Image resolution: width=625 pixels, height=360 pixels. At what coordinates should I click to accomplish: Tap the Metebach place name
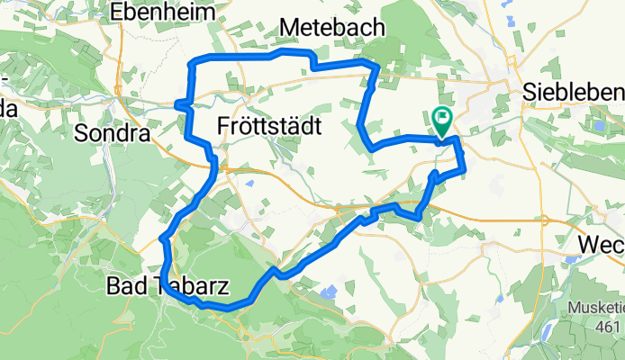[332, 29]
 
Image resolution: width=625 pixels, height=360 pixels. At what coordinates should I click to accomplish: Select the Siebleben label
[574, 93]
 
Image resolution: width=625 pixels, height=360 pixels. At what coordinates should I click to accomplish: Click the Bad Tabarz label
[168, 287]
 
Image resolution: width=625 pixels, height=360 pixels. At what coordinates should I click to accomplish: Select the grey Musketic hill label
[595, 308]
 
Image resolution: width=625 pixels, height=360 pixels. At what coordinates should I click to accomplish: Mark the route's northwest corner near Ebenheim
[190, 64]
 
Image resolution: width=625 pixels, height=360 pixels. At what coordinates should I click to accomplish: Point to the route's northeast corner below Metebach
[375, 68]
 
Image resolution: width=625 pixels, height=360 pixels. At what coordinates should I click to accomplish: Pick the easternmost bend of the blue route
[465, 167]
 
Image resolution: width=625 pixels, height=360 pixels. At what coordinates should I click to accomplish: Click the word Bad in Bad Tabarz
[124, 287]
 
